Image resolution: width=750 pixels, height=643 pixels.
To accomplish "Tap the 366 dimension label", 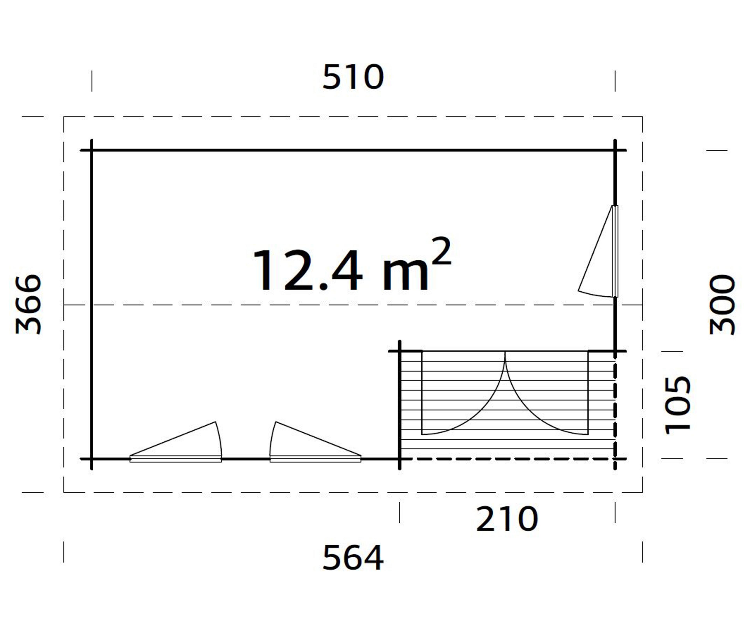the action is click(29, 304).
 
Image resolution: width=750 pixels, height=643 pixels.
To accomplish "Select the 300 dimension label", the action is click(722, 304).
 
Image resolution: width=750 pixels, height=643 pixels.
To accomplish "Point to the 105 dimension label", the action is click(678, 405).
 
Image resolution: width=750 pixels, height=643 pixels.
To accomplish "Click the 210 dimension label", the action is click(507, 519).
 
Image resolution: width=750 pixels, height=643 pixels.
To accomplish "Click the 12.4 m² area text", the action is click(352, 265).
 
